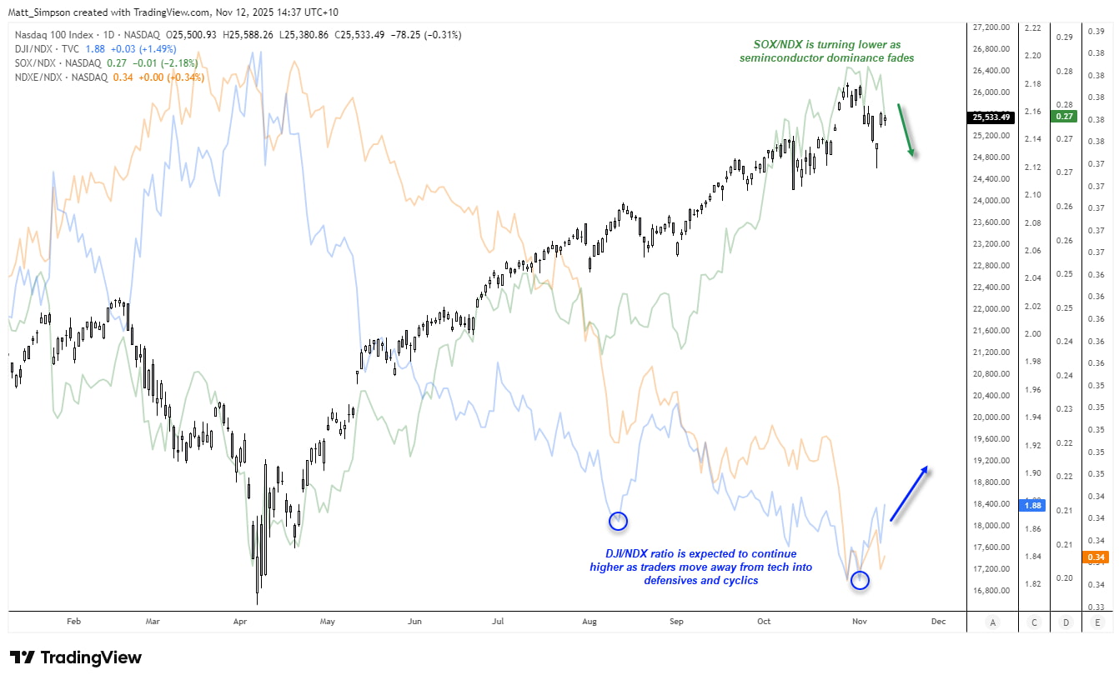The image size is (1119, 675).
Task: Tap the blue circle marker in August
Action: [x=618, y=521]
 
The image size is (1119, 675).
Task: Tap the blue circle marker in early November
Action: [x=860, y=580]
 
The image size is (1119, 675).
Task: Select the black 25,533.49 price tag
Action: [x=989, y=117]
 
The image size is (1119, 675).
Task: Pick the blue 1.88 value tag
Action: [x=1032, y=504]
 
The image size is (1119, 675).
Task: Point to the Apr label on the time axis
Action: [x=240, y=621]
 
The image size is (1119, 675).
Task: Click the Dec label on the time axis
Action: [x=938, y=621]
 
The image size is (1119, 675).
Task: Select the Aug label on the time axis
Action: [x=590, y=621]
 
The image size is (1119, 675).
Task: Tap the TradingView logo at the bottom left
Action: [x=76, y=657]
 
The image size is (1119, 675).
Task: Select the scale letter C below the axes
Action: [x=1035, y=622]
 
